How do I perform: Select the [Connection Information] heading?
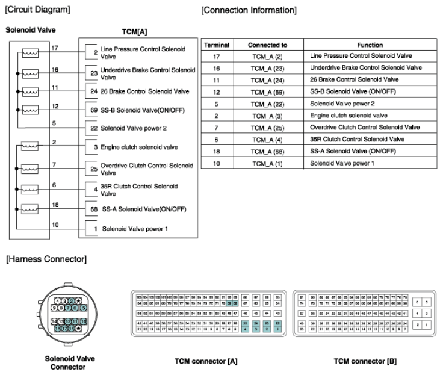[x=249, y=10]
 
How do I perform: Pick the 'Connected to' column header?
[x=267, y=45]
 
